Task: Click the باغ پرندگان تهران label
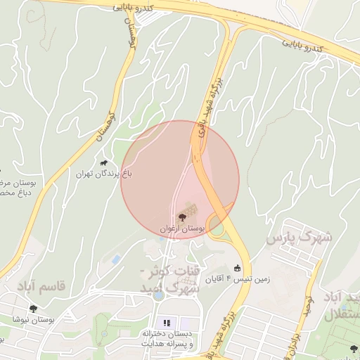point(103,173)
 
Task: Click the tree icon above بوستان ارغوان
point(182,217)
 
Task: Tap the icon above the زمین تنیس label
point(237,268)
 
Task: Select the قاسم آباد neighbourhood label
point(37,287)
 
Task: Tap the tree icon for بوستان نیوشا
point(33,308)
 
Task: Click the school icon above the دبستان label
point(167,323)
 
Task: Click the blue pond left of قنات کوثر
point(115,259)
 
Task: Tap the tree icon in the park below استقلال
point(354,349)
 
